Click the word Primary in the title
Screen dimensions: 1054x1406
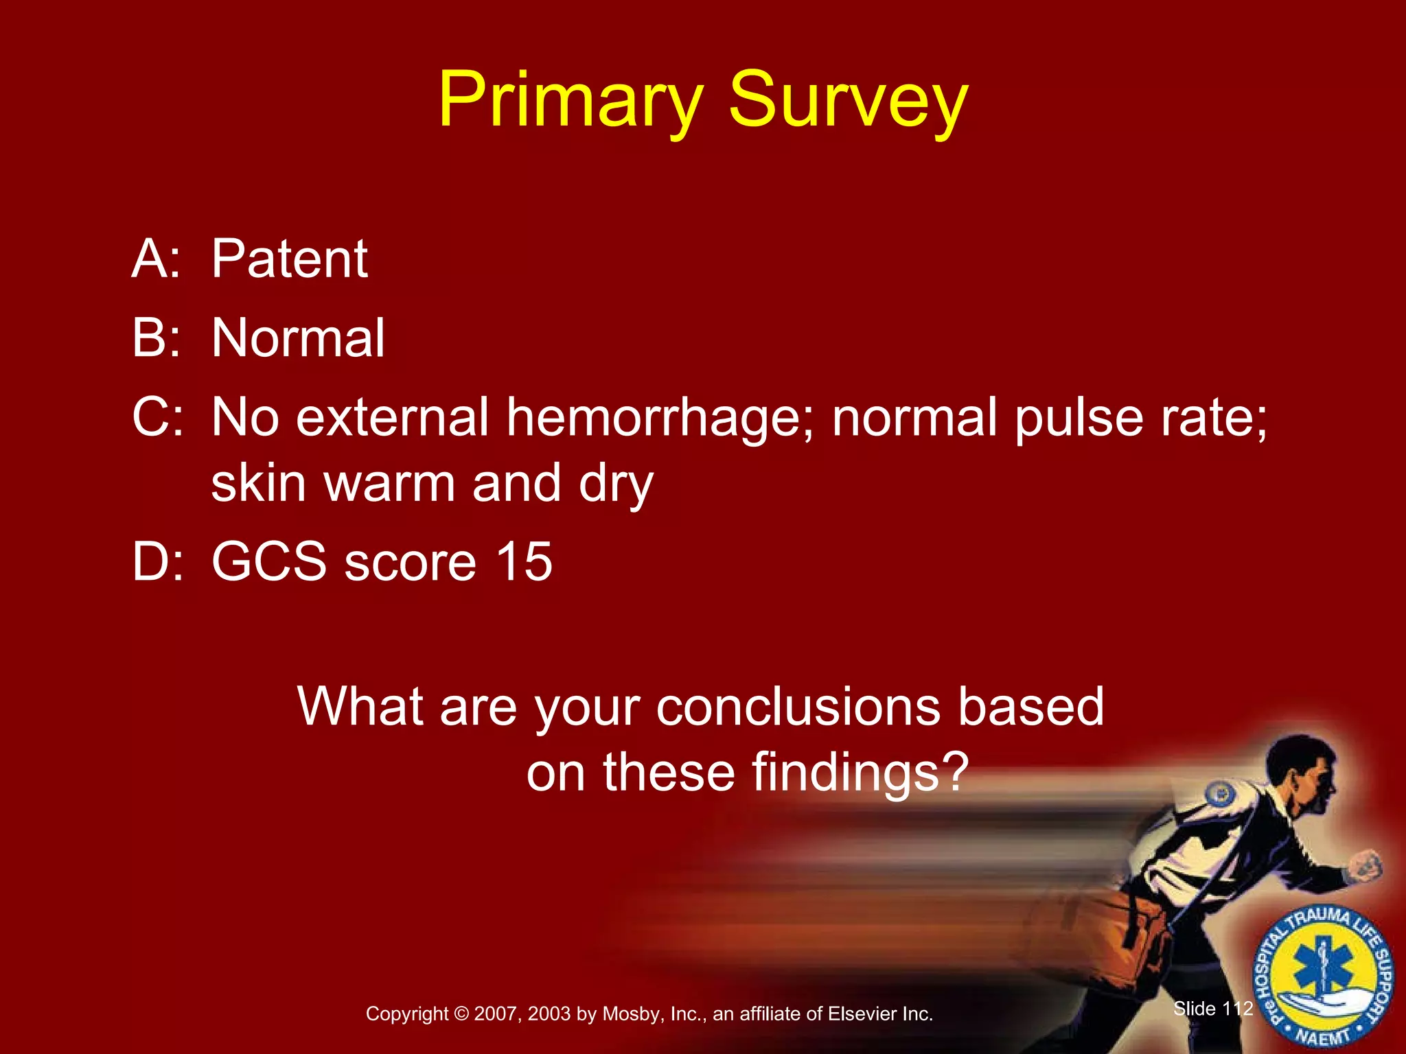click(x=570, y=101)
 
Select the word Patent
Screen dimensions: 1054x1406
click(x=289, y=259)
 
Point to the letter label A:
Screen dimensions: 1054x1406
click(x=157, y=259)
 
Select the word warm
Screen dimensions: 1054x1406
click(x=390, y=483)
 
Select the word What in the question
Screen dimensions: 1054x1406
click(x=360, y=707)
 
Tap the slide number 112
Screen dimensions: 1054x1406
click(x=1238, y=1008)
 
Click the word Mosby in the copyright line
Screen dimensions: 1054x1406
click(x=632, y=1014)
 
